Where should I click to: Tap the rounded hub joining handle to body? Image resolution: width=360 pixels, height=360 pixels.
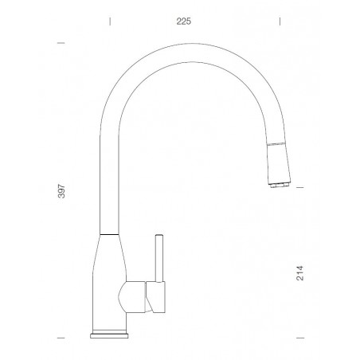(x=130, y=299)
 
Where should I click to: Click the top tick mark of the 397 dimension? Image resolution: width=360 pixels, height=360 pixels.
(x=60, y=43)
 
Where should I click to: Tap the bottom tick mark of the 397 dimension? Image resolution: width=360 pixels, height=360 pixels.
(x=60, y=338)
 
